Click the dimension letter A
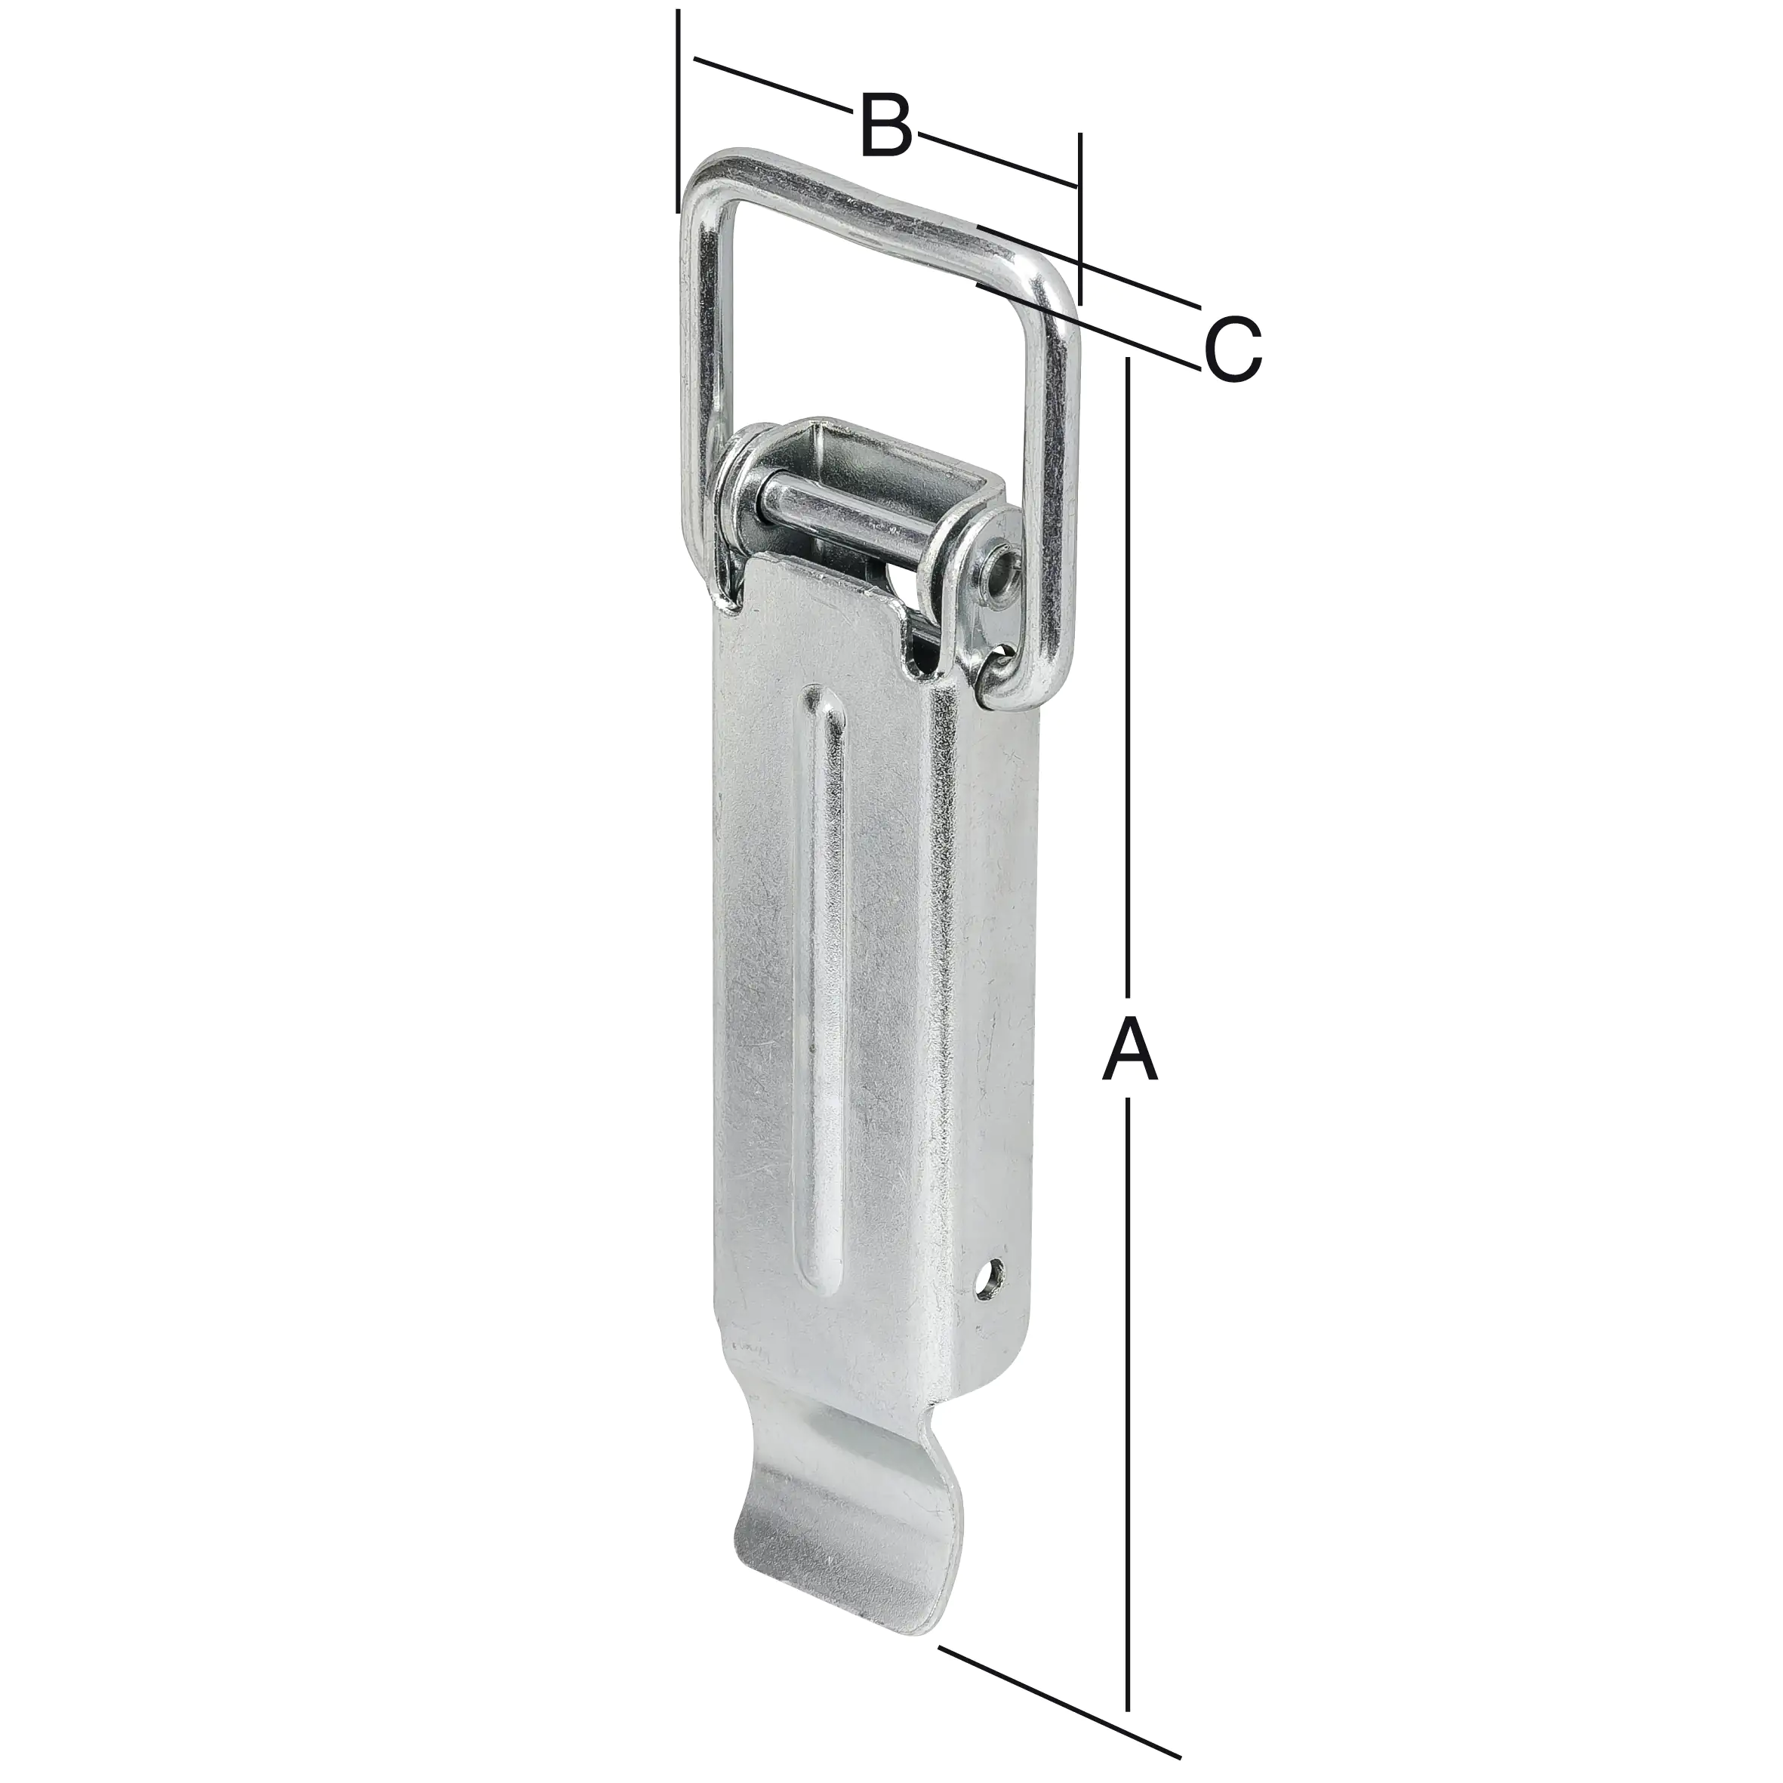(x=1129, y=1050)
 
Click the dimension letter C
(x=1232, y=349)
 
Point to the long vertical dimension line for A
(x=1128, y=738)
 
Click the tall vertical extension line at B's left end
(x=677, y=111)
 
